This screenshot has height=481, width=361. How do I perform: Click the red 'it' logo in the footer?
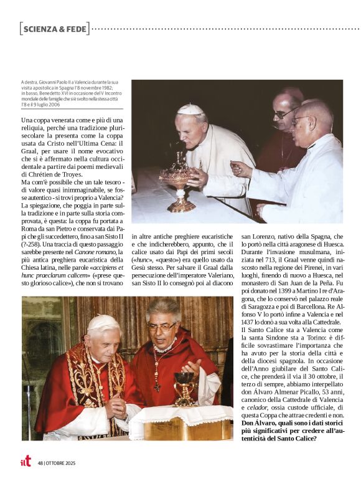tap(26, 461)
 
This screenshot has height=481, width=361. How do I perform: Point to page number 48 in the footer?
tap(40, 463)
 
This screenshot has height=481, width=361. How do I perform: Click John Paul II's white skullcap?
tap(190, 110)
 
